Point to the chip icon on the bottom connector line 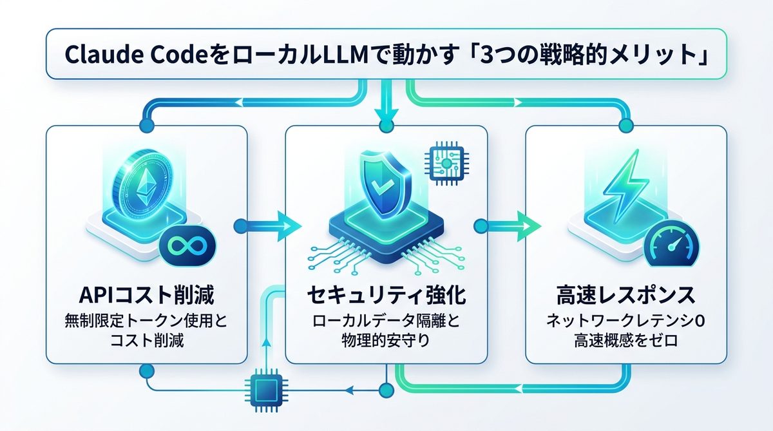coord(263,389)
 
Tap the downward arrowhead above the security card coord(386,119)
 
